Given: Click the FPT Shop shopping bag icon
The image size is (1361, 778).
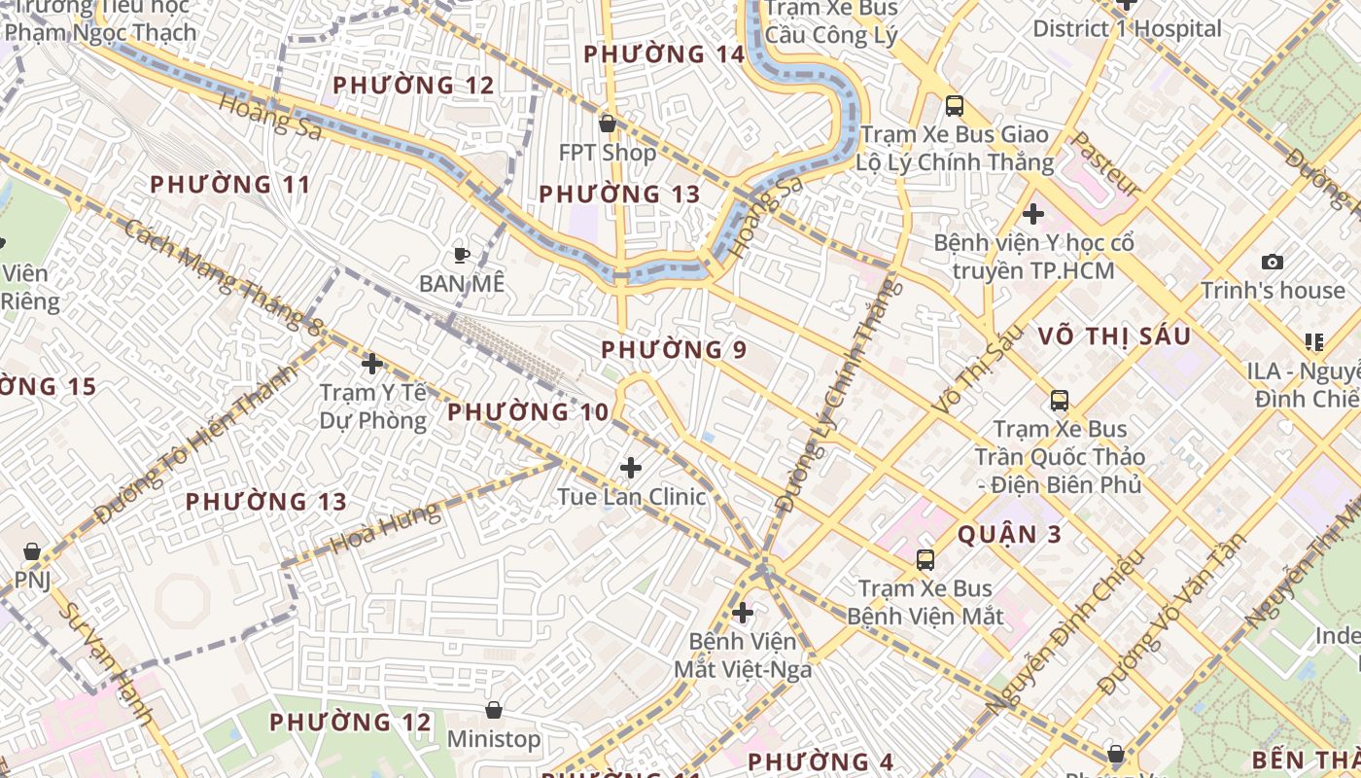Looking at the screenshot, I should click(x=608, y=124).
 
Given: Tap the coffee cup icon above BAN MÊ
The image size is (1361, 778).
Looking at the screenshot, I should click(x=462, y=255).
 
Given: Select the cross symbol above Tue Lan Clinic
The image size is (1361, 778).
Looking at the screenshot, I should click(x=631, y=468).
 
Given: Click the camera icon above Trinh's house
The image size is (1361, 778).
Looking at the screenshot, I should click(x=1272, y=262).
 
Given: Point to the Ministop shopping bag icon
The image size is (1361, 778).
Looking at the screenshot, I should click(x=494, y=710).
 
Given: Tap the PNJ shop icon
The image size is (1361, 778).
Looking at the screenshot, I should click(x=32, y=551).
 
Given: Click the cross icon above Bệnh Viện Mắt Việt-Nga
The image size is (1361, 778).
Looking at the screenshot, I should click(x=743, y=613).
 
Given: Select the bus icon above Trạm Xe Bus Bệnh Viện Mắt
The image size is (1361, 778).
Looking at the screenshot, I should click(x=925, y=559).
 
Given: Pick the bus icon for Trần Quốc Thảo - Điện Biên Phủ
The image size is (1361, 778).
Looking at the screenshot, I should click(x=1060, y=400).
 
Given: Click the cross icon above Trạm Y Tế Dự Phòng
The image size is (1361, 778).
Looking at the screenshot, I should click(x=372, y=364).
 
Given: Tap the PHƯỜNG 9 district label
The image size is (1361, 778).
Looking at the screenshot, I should click(x=674, y=349).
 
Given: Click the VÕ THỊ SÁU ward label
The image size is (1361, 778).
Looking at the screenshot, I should click(x=1113, y=336).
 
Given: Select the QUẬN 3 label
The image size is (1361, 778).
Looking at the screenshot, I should click(x=1009, y=534).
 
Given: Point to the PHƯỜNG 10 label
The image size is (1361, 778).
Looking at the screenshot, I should click(x=528, y=411).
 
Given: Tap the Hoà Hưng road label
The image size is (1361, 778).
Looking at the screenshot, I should click(x=385, y=528).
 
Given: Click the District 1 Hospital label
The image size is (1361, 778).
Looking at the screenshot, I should click(x=1127, y=28).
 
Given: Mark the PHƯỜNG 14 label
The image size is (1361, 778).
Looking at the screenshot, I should click(x=663, y=54).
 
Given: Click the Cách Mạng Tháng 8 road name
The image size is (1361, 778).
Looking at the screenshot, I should click(x=224, y=277).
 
